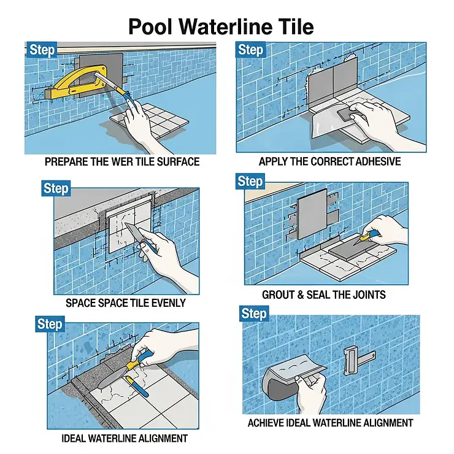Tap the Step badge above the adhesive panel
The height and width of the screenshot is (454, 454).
[x=250, y=50]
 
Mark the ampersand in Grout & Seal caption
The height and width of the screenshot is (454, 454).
[x=301, y=294]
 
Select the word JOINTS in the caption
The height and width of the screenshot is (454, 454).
[x=367, y=294]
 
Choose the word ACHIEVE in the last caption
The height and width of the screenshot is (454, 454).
[x=266, y=423]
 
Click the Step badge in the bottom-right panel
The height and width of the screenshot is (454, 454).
[x=253, y=314]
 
